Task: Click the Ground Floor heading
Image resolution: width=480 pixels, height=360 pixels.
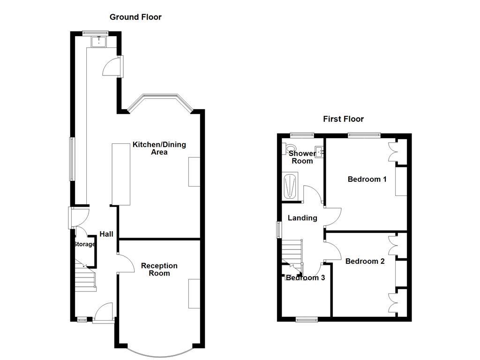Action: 135,17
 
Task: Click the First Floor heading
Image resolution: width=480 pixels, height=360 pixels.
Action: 343,119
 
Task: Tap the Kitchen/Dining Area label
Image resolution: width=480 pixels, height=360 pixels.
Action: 159,148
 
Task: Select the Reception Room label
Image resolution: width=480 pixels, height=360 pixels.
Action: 159,270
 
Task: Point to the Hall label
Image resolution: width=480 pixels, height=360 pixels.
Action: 106,234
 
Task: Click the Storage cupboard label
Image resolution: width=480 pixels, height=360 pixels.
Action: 84,244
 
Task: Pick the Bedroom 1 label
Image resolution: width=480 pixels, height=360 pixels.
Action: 367,179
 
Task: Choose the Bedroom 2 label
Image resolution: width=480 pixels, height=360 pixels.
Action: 365,261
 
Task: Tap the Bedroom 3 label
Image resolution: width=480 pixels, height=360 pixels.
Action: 306,277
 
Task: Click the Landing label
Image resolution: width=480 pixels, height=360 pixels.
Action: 302,218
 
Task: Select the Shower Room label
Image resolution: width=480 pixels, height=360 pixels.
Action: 302,157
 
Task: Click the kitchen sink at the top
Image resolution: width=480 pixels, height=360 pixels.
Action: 99,42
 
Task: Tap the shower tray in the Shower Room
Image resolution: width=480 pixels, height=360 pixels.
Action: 291,187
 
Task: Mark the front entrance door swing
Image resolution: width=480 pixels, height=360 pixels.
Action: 104,312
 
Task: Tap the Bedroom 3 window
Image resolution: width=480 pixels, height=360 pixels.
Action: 307,320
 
